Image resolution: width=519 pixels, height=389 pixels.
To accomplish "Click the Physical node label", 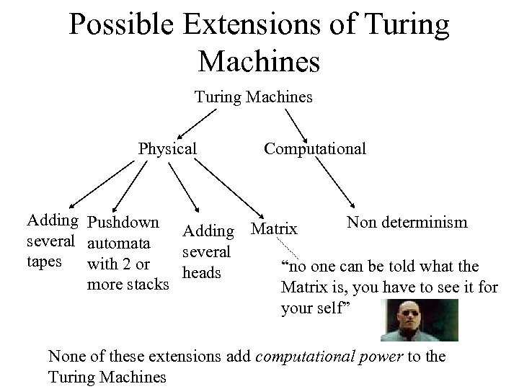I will coord(167,149).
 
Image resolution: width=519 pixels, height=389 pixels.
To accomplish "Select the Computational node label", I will coord(314,149).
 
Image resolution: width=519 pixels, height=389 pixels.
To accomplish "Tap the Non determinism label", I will coord(407,222).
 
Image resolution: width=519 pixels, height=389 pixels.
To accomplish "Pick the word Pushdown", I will coord(127,222).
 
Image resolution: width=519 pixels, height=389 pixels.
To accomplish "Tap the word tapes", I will coord(44,261).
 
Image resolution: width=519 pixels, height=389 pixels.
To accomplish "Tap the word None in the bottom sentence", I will coord(66,356).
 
